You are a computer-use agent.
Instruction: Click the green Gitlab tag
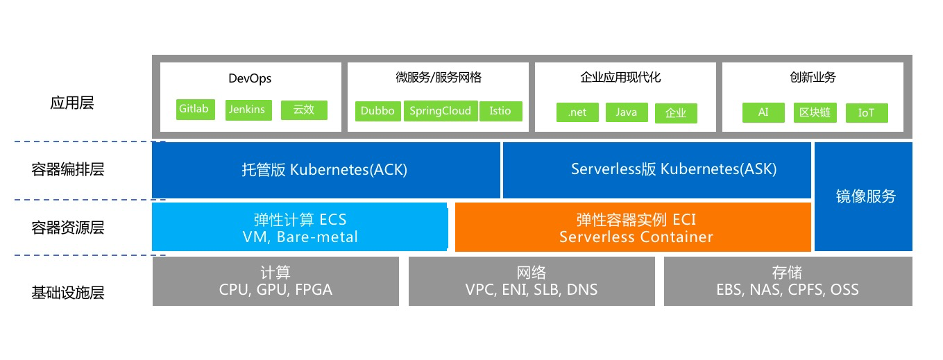(196, 110)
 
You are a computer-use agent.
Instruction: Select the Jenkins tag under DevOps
(248, 110)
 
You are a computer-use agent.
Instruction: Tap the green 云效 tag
(304, 110)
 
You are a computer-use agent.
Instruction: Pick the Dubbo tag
(377, 111)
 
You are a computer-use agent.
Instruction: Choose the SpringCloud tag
(441, 111)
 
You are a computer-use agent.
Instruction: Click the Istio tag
(500, 111)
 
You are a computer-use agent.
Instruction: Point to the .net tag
(577, 112)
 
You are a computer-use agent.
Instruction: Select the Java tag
(627, 112)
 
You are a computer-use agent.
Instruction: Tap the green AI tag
(763, 112)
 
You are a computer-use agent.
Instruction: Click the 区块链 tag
(815, 112)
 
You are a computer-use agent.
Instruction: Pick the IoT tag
(867, 113)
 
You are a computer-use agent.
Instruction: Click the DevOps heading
(250, 79)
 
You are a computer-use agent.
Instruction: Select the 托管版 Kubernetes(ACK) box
(326, 170)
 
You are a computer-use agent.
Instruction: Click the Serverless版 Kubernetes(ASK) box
(656, 170)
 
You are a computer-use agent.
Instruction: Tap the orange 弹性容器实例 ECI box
(633, 228)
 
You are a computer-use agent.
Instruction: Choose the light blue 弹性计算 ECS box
(299, 227)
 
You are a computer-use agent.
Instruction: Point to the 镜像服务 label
(865, 196)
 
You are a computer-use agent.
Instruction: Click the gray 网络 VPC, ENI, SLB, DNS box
(532, 281)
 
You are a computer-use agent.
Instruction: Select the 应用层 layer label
(72, 103)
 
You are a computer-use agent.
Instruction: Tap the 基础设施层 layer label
(68, 293)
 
